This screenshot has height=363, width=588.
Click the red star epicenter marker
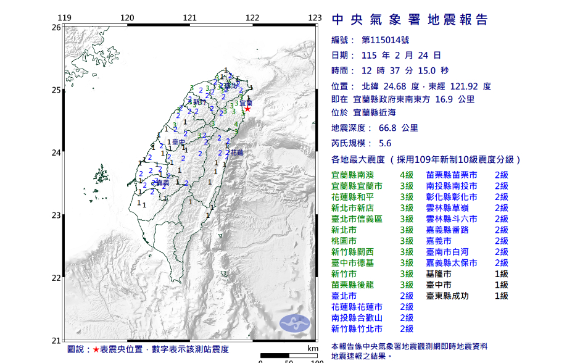[247, 109]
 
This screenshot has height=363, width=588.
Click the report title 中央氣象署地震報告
[410, 20]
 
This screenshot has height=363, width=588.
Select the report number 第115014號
[383, 40]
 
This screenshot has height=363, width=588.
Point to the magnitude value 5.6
[385, 143]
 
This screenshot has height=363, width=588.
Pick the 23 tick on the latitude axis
[56, 215]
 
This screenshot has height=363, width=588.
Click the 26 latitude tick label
[56, 28]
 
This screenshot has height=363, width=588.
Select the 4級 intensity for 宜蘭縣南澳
[406, 175]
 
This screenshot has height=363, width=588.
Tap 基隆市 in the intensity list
[438, 273]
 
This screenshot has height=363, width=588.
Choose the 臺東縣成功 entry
[447, 296]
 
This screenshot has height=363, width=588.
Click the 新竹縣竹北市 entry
[357, 329]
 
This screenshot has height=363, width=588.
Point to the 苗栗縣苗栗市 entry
[451, 175]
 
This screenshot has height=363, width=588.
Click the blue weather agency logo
[295, 322]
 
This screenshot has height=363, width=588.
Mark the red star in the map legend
[96, 349]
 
